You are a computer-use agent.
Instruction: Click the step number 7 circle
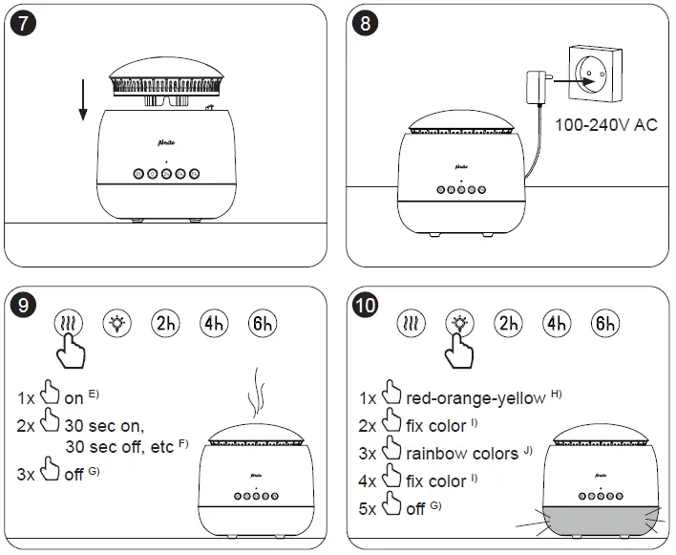pyautogui.click(x=25, y=26)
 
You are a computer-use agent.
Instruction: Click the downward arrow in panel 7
pyautogui.click(x=83, y=100)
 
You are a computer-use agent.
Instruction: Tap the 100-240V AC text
pyautogui.click(x=605, y=124)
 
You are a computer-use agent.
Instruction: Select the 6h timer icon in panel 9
pyautogui.click(x=263, y=322)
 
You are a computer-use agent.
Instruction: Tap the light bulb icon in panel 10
pyautogui.click(x=460, y=322)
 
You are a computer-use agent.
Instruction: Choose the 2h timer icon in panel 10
pyautogui.click(x=510, y=322)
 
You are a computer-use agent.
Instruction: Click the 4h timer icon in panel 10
pyautogui.click(x=558, y=322)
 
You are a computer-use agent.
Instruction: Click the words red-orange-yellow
pyautogui.click(x=475, y=397)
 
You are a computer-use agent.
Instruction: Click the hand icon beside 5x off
pyautogui.click(x=390, y=507)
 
